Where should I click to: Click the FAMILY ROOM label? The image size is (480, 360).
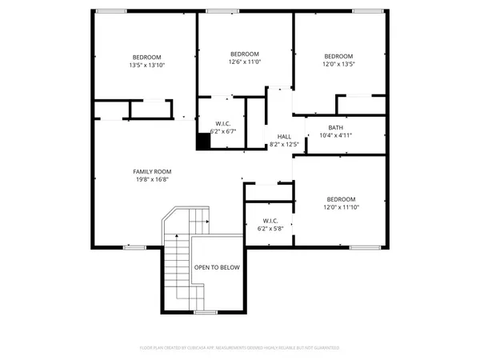tap(152, 171)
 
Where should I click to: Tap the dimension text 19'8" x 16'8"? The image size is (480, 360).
tap(152, 180)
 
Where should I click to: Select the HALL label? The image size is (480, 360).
tap(284, 137)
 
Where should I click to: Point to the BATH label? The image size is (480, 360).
tap(335, 128)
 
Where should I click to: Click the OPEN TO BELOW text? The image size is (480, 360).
tap(217, 267)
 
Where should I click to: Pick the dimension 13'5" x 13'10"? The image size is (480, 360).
tap(147, 66)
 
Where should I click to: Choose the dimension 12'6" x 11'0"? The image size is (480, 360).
tap(245, 62)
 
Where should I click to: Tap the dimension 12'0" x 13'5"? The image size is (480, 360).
tap(338, 64)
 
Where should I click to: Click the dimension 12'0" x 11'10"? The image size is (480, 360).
tap(342, 208)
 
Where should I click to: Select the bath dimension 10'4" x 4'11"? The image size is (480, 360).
tap(335, 136)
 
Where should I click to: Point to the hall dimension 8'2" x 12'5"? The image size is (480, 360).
tap(284, 145)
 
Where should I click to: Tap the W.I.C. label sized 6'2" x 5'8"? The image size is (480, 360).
tap(270, 222)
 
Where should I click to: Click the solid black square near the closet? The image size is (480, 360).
tap(203, 142)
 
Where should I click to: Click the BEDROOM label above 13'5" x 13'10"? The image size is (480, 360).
tap(147, 57)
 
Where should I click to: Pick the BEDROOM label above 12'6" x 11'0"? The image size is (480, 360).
tap(245, 53)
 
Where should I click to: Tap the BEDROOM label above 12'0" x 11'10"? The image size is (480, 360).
tap(342, 199)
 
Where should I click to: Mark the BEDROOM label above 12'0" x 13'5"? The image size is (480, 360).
tap(338, 55)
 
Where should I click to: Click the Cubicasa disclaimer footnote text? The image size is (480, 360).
tap(240, 348)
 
